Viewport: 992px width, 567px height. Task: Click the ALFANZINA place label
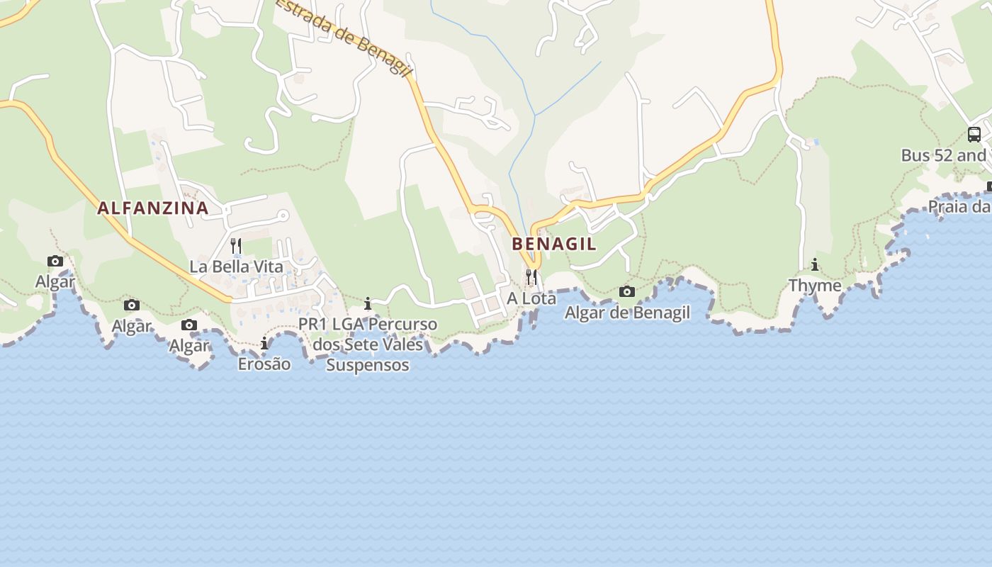(x=152, y=208)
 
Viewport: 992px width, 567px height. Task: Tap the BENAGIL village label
(x=554, y=244)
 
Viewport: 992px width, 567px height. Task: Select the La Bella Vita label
(x=236, y=266)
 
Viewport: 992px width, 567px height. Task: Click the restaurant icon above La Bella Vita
(x=236, y=246)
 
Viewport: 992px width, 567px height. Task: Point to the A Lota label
(x=531, y=298)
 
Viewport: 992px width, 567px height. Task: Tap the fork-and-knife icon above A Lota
(x=531, y=276)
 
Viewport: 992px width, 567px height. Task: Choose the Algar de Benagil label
(x=627, y=313)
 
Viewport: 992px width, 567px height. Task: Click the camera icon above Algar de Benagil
(x=627, y=291)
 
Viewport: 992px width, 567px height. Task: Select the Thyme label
(x=815, y=286)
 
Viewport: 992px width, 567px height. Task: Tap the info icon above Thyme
(x=815, y=265)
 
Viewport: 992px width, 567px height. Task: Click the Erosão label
(x=264, y=364)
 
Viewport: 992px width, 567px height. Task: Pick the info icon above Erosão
(x=264, y=343)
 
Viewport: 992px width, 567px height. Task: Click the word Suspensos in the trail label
(x=368, y=365)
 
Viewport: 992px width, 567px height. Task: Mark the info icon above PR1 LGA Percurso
(x=367, y=304)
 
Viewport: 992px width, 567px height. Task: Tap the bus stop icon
(x=974, y=134)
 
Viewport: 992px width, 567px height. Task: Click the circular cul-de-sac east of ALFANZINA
(x=283, y=215)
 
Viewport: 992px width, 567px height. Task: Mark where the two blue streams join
(x=536, y=116)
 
